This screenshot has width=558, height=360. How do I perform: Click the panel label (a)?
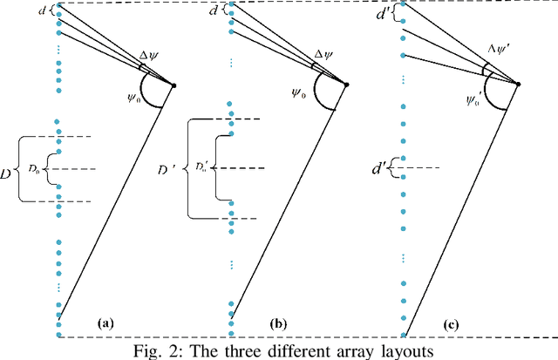tap(105, 323)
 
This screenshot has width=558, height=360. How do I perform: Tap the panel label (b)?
tap(278, 323)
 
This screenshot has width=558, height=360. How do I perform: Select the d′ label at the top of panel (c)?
tap(382, 14)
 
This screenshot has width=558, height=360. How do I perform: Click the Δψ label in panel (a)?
tap(150, 55)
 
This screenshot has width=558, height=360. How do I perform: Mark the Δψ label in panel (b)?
tap(323, 54)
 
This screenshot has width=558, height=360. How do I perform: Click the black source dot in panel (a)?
tap(174, 85)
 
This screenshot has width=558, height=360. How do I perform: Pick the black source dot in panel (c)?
tap(520, 85)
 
